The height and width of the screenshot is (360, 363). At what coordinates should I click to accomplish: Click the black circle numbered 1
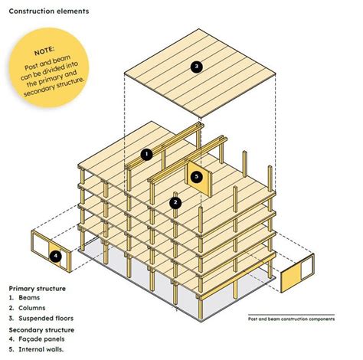tap(147, 153)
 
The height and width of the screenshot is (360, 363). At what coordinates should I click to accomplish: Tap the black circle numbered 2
tap(175, 203)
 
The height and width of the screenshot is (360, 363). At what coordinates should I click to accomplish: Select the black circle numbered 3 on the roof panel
tap(197, 67)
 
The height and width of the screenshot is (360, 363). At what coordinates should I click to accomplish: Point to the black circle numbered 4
tap(54, 257)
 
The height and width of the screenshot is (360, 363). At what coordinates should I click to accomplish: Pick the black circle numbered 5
tap(197, 176)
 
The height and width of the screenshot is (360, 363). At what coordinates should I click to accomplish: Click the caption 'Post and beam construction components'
tap(292, 318)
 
